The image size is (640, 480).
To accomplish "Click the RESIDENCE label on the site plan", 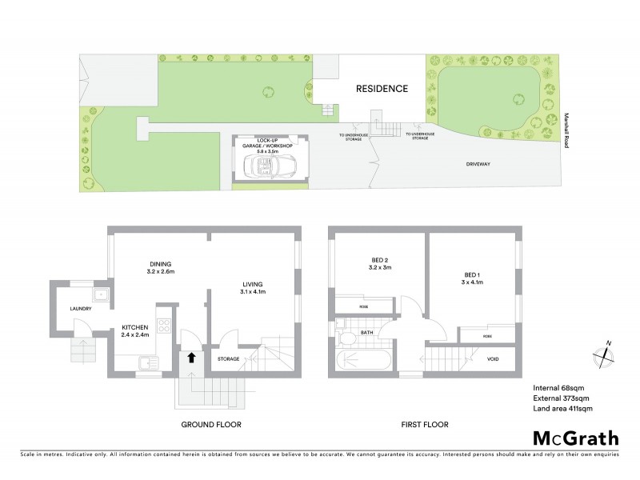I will click(x=382, y=89).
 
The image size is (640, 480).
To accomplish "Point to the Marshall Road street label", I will click(x=566, y=127).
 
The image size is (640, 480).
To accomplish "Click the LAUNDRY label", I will click(x=77, y=309).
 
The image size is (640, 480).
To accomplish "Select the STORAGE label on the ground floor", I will click(x=229, y=358).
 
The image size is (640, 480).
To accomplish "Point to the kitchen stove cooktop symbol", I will click(x=164, y=326).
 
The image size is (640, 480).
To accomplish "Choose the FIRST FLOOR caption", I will click(x=425, y=424).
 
